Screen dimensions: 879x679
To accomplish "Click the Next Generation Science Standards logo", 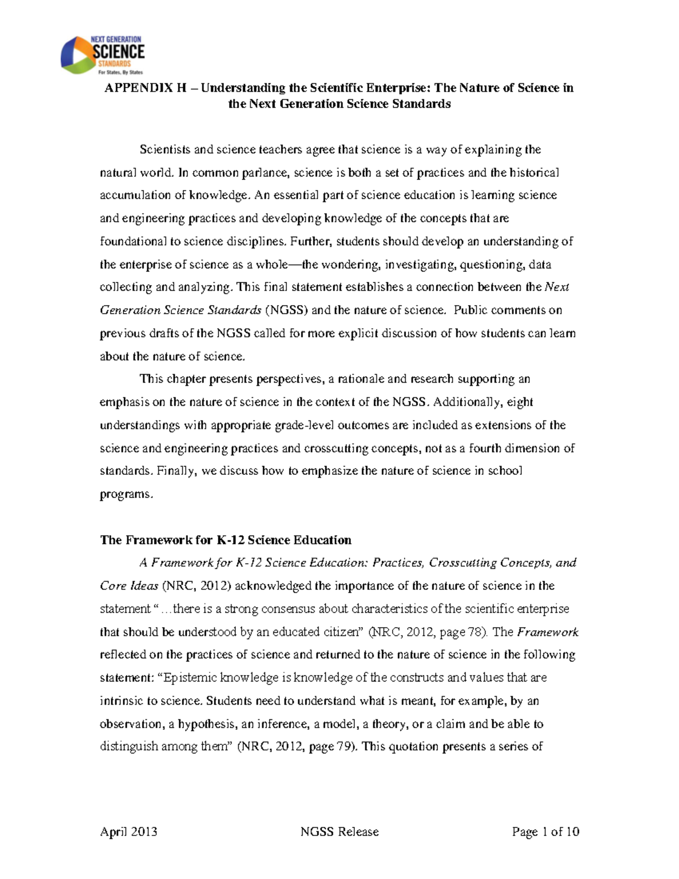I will pos(102,55).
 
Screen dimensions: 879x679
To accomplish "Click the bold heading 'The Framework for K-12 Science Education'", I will pos(225,540).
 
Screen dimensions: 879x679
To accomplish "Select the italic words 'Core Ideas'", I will pos(129,586).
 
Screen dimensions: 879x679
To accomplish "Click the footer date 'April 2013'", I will pos(128,831).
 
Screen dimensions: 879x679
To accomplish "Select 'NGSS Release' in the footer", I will pos(339,831).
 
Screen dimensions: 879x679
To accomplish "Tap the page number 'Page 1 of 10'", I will pos(545,831).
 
